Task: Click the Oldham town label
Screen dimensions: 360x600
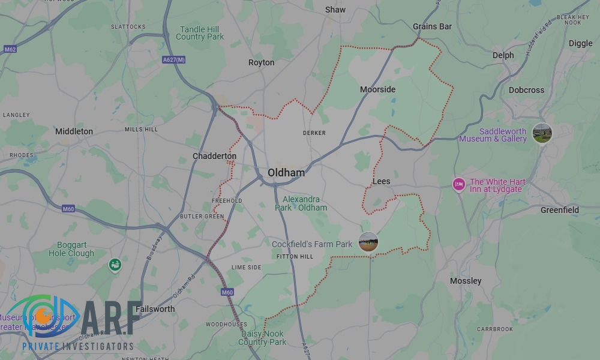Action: pyautogui.click(x=286, y=173)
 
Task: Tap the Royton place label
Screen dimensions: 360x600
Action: pyautogui.click(x=261, y=62)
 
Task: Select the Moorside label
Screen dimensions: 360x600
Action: pyautogui.click(x=377, y=89)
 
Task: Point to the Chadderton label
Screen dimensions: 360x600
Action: pyautogui.click(x=214, y=156)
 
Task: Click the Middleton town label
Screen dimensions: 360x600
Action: pyautogui.click(x=74, y=131)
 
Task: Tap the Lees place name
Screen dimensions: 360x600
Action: pyautogui.click(x=381, y=181)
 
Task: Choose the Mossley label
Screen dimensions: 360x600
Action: pyautogui.click(x=466, y=281)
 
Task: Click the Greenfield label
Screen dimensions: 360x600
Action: pyautogui.click(x=559, y=210)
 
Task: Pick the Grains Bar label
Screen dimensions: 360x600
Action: pyautogui.click(x=432, y=26)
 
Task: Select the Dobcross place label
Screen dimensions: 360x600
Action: pyautogui.click(x=526, y=90)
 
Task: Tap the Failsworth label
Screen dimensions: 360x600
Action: pyautogui.click(x=155, y=309)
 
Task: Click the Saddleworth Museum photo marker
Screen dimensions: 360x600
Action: pyautogui.click(x=542, y=133)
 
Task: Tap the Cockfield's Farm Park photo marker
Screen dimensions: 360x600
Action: pyautogui.click(x=368, y=242)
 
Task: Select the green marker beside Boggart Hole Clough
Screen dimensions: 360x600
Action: pyautogui.click(x=114, y=264)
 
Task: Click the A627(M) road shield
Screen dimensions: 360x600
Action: pyautogui.click(x=173, y=59)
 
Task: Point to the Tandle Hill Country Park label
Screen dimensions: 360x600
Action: pyautogui.click(x=200, y=33)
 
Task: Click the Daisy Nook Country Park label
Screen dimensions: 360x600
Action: pyautogui.click(x=262, y=338)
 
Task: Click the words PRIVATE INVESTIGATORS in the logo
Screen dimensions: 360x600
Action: pyautogui.click(x=77, y=347)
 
